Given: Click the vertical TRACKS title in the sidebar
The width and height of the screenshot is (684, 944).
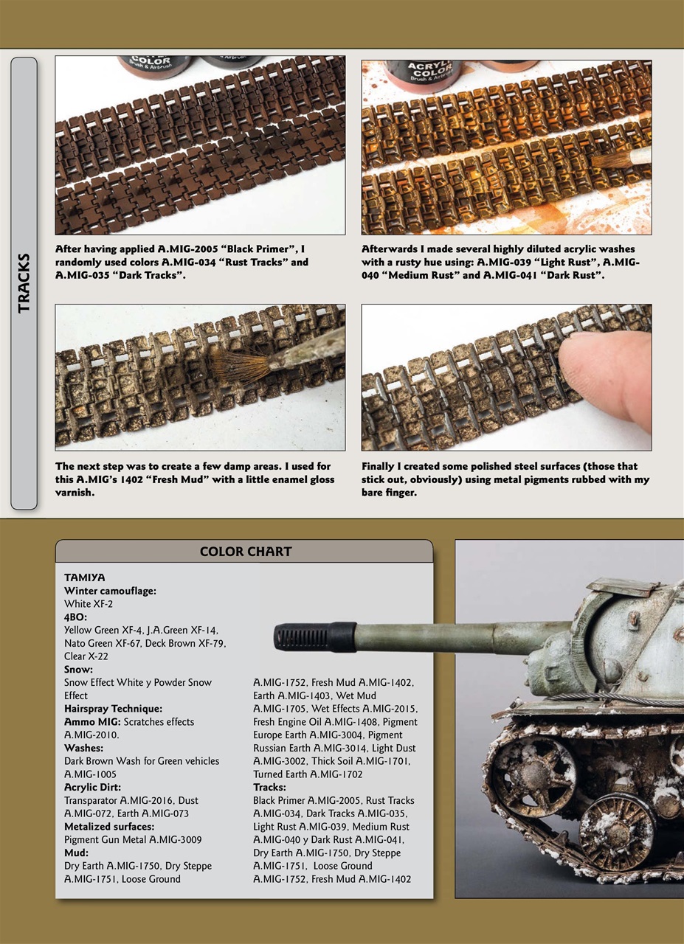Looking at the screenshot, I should (24, 282).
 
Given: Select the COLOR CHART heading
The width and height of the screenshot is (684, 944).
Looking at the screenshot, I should (245, 552).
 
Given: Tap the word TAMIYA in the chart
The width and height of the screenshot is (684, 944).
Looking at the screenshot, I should (84, 577).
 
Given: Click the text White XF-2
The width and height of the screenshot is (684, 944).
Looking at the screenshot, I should (88, 604).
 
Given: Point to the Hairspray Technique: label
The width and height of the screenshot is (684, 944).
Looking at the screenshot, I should (113, 709).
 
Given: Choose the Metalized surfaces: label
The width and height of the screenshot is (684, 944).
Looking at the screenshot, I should (109, 827).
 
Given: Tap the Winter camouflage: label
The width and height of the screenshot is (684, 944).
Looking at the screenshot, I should (110, 591).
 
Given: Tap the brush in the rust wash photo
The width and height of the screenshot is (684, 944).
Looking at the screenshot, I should (620, 158).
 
